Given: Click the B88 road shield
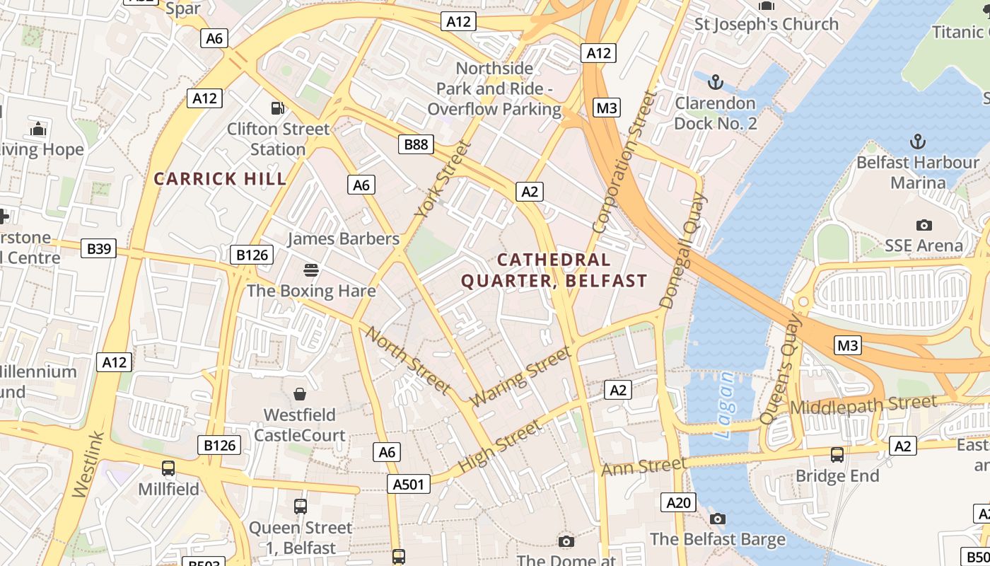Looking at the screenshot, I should click(416, 144).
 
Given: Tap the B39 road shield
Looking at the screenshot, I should click(98, 248).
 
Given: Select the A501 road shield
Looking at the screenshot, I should click(409, 484).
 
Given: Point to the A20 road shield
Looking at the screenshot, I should click(678, 502).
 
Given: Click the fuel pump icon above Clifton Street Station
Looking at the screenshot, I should click(278, 108).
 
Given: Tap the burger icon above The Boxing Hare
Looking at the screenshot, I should click(310, 270).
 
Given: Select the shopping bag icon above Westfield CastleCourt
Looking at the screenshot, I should click(300, 394).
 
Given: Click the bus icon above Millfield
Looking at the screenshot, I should click(168, 468).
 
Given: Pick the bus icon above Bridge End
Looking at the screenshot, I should click(837, 454).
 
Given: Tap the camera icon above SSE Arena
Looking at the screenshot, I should click(924, 225).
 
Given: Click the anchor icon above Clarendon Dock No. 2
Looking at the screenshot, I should click(716, 83).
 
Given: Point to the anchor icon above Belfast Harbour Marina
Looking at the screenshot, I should click(917, 141).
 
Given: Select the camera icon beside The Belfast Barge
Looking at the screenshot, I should click(718, 519).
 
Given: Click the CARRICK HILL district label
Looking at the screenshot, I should click(221, 178).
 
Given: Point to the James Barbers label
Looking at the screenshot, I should click(343, 238).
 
